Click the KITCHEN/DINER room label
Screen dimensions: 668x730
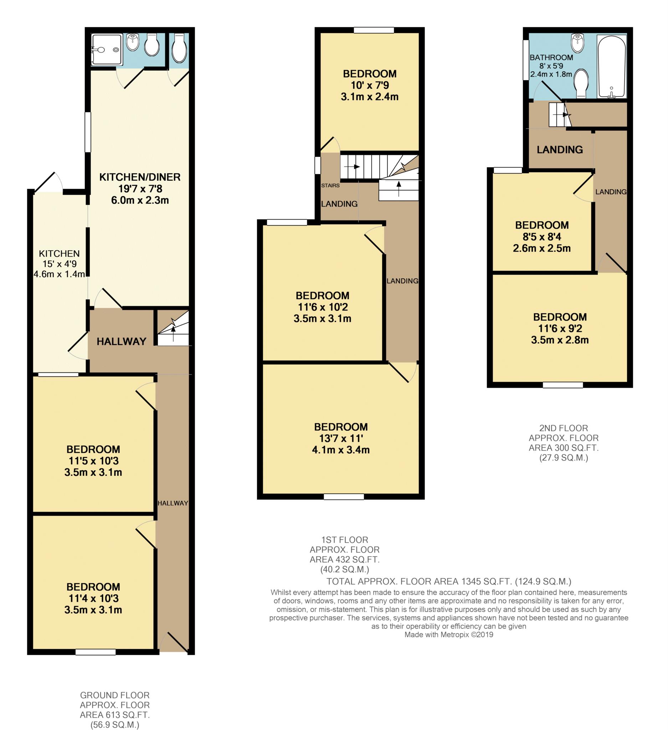pyautogui.click(x=140, y=177)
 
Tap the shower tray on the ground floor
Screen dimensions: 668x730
pyautogui.click(x=107, y=50)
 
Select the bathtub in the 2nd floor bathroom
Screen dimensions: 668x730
pyautogui.click(x=612, y=67)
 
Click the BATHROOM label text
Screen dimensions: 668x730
pyautogui.click(x=551, y=58)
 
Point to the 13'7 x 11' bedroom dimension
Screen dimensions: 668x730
pyautogui.click(x=341, y=438)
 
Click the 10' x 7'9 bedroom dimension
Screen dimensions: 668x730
pyautogui.click(x=370, y=85)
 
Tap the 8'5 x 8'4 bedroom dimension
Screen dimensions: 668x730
pyautogui.click(x=542, y=237)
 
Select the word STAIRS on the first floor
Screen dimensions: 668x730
pyautogui.click(x=330, y=185)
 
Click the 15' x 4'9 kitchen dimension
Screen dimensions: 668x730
pyautogui.click(x=60, y=264)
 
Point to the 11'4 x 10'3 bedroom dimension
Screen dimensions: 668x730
pyautogui.click(x=93, y=598)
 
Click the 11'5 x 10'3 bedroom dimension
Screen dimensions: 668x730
pyautogui.click(x=93, y=461)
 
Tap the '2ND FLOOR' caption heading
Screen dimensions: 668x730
pyautogui.click(x=563, y=428)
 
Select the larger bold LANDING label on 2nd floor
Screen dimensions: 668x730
pyautogui.click(x=559, y=150)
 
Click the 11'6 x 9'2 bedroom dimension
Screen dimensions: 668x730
pyautogui.click(x=560, y=328)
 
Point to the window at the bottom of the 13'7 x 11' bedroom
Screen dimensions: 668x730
pyautogui.click(x=344, y=497)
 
